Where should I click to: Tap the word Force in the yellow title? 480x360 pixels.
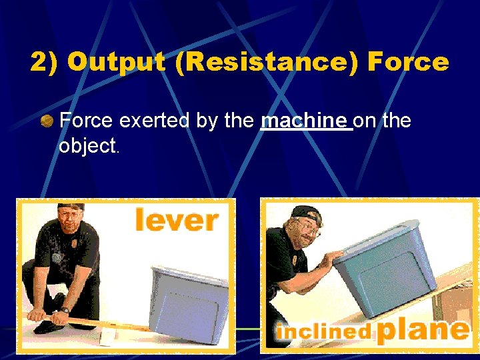(x=408, y=63)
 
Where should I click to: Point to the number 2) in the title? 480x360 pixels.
(x=45, y=63)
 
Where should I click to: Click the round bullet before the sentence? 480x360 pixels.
(x=47, y=121)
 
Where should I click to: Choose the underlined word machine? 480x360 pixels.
(x=306, y=121)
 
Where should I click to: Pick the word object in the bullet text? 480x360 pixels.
(x=87, y=146)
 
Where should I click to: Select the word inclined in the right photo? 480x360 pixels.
(x=323, y=332)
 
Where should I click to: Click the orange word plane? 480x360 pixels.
(x=422, y=330)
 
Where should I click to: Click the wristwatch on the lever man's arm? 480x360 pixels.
(x=64, y=310)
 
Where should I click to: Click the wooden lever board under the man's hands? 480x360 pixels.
(x=100, y=323)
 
